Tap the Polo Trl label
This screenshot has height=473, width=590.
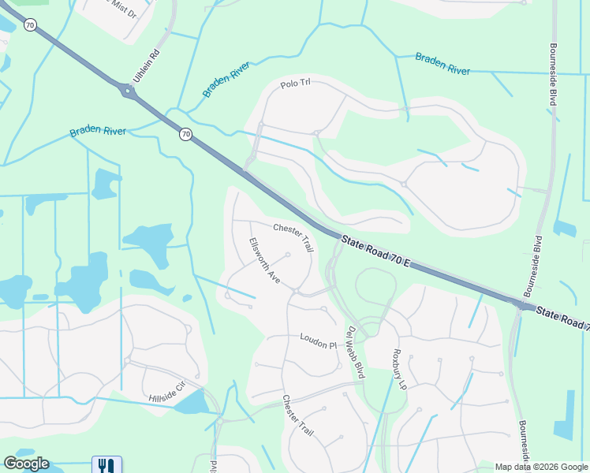click(x=297, y=85)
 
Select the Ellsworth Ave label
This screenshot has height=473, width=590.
click(x=265, y=261)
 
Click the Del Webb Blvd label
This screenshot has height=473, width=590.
click(x=356, y=352)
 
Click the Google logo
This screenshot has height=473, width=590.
click(x=26, y=464)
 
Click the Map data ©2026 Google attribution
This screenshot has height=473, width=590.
click(x=540, y=467)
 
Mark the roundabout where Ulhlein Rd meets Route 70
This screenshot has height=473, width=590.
click(x=128, y=91)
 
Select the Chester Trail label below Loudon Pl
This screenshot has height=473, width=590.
click(x=298, y=416)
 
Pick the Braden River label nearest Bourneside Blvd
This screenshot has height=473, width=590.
click(x=442, y=65)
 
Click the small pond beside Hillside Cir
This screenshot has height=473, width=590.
click(x=192, y=403)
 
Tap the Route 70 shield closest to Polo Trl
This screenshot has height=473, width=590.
click(x=185, y=135)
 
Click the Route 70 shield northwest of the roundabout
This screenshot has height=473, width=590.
click(x=30, y=26)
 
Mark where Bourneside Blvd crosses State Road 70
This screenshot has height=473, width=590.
click(x=523, y=304)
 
